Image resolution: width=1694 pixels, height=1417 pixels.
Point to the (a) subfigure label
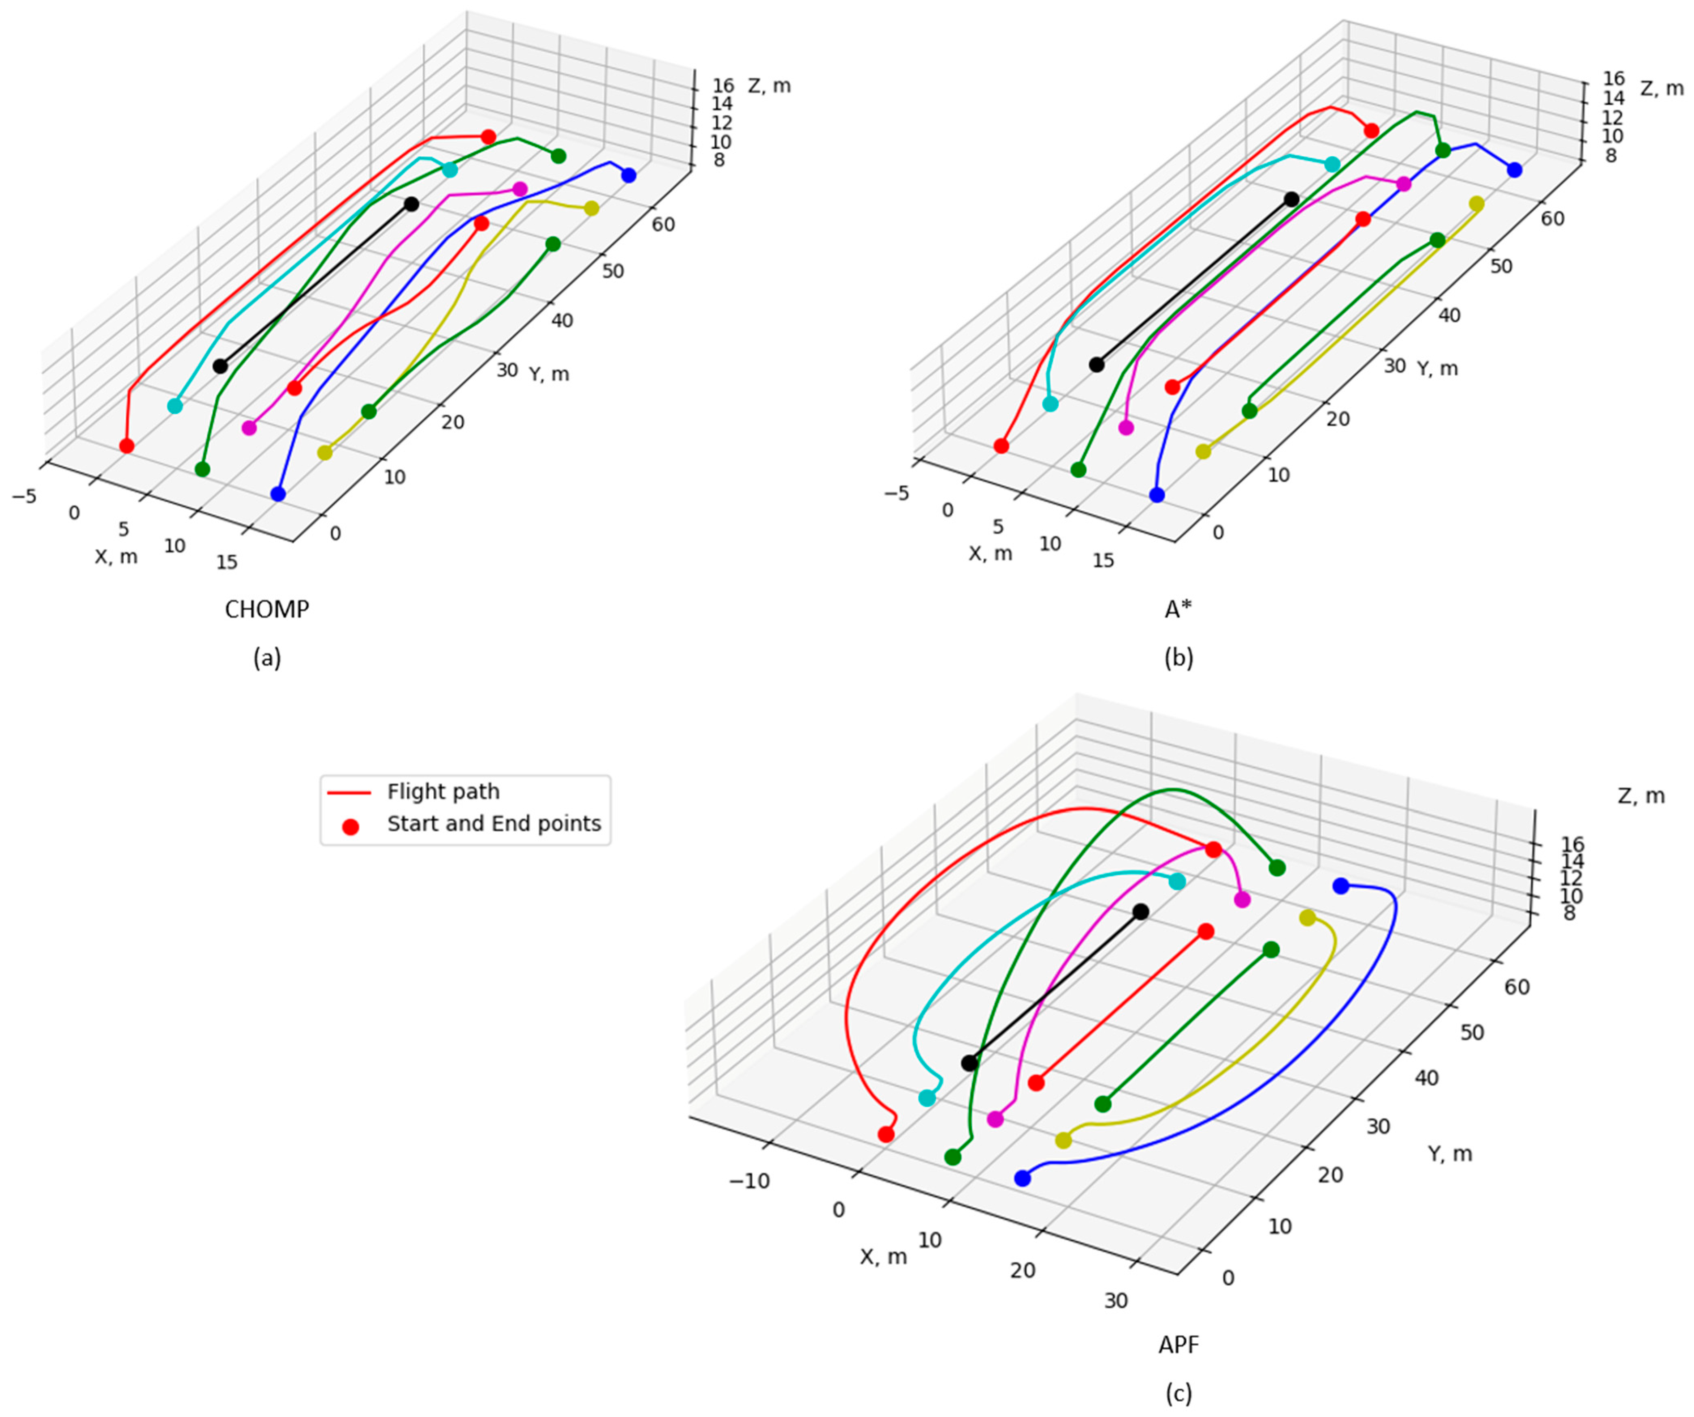click(x=267, y=659)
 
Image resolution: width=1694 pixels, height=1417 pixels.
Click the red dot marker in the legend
click(x=350, y=827)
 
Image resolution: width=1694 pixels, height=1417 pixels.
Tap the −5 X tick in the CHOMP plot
click(x=24, y=496)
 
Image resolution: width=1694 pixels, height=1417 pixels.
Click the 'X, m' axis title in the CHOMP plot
click(x=116, y=557)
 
